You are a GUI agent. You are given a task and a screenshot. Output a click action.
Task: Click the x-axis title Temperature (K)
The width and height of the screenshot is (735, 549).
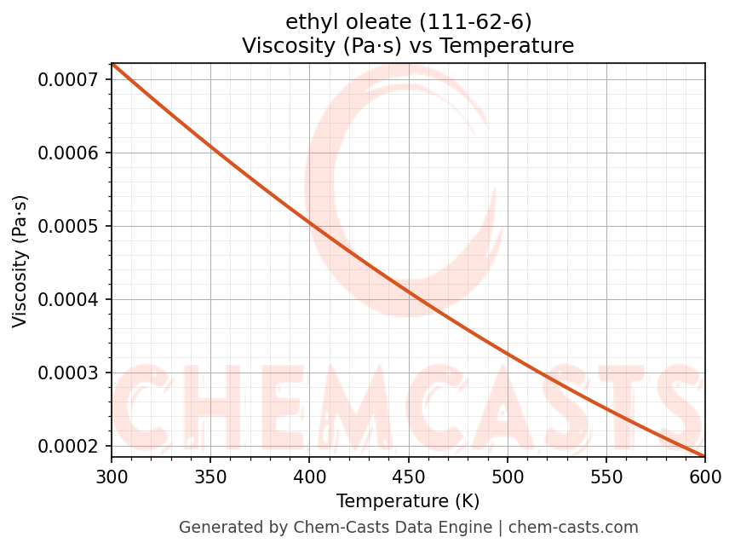point(408,500)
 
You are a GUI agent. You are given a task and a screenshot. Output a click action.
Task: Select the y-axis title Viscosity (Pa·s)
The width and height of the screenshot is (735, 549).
point(20,261)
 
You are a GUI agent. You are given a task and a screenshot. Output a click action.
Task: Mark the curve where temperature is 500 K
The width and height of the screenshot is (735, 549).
point(508,351)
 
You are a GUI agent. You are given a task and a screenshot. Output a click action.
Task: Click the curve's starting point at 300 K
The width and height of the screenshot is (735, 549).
point(112,64)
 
